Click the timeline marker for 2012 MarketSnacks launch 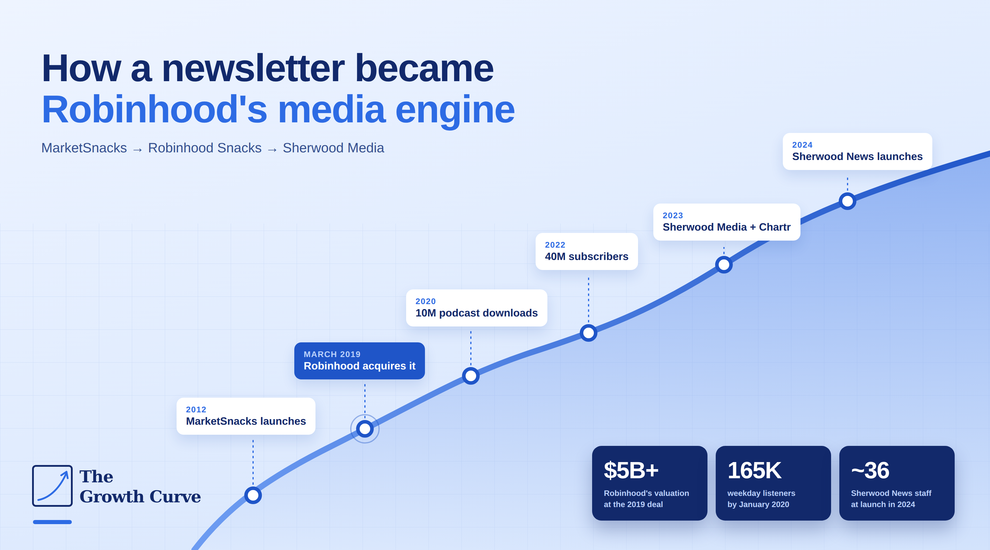253,495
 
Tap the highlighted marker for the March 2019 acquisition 365,429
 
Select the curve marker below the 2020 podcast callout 471,376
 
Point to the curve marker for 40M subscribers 588,333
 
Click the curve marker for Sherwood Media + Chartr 724,265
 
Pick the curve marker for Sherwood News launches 848,201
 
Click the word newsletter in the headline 253,68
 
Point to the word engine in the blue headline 455,110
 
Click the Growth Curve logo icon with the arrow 52,486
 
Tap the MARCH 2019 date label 332,354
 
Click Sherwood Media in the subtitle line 333,148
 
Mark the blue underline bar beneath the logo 52,522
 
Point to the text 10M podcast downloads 476,313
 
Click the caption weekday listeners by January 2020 761,499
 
